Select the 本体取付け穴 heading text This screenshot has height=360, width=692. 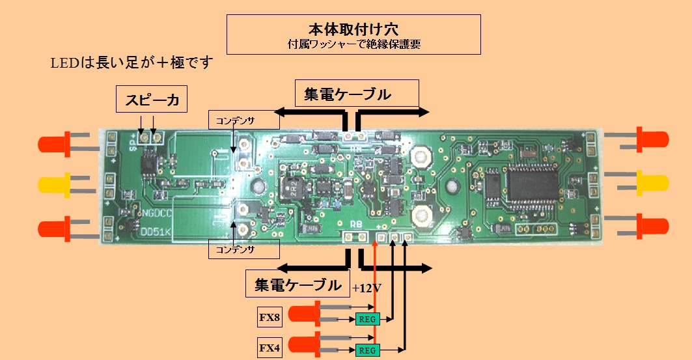click(x=353, y=29)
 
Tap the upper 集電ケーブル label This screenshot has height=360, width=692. click(x=348, y=94)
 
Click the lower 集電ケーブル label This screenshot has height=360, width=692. click(x=297, y=284)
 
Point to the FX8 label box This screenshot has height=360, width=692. click(x=269, y=318)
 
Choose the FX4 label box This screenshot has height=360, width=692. click(x=269, y=349)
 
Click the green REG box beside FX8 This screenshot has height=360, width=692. click(x=368, y=318)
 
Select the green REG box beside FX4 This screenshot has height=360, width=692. click(x=368, y=350)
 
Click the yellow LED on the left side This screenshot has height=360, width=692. click(x=55, y=185)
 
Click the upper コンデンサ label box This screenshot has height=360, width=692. click(x=243, y=119)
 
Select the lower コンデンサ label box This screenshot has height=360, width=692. click(x=243, y=249)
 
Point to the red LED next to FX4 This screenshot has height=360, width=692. click(x=303, y=343)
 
